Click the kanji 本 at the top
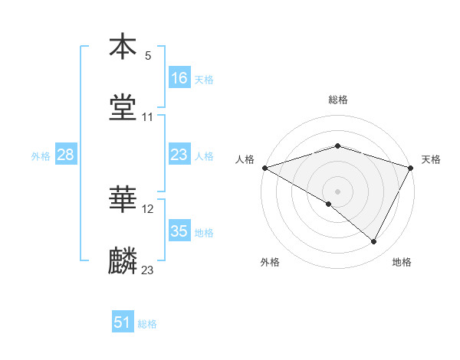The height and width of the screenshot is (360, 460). (x=123, y=47)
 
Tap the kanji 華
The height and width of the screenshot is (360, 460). (x=123, y=200)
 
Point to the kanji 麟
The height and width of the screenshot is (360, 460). (x=123, y=261)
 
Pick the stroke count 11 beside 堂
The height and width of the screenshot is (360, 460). (x=148, y=116)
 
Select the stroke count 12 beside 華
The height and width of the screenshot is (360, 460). (x=148, y=208)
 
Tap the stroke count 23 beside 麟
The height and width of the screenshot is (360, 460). (x=148, y=270)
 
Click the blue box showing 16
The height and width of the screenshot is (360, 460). (x=179, y=77)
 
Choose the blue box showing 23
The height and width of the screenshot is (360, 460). (x=179, y=155)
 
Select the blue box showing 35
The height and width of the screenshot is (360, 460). (x=179, y=231)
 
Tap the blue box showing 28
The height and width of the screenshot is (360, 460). (x=66, y=155)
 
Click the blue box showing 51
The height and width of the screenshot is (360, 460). (x=123, y=322)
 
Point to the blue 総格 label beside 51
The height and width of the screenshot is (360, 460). (x=147, y=324)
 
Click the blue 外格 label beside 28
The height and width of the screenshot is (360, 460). (x=41, y=155)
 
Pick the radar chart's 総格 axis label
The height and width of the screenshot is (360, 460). (x=337, y=100)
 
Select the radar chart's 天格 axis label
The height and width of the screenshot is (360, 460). (x=432, y=159)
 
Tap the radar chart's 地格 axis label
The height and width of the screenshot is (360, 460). (x=402, y=263)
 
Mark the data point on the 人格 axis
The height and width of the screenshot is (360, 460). (x=264, y=168)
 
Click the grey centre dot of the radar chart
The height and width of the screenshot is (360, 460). (x=337, y=191)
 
